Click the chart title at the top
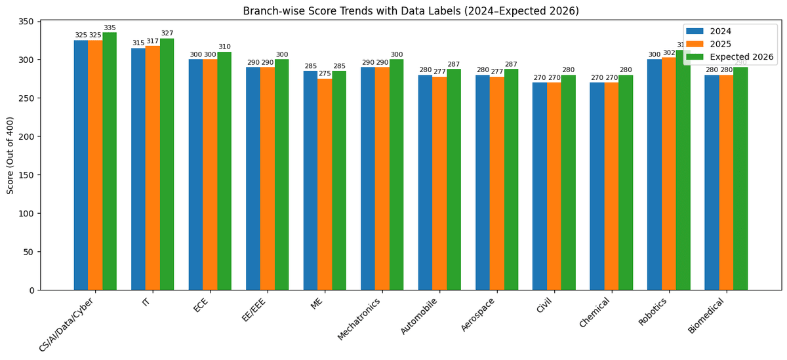pos(411,11)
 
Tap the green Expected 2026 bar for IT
pos(167,164)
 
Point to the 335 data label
pos(110,28)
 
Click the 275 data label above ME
pos(325,74)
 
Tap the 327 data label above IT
pos(167,33)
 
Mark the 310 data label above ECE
pos(224,47)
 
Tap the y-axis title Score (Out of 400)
pos(10,155)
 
